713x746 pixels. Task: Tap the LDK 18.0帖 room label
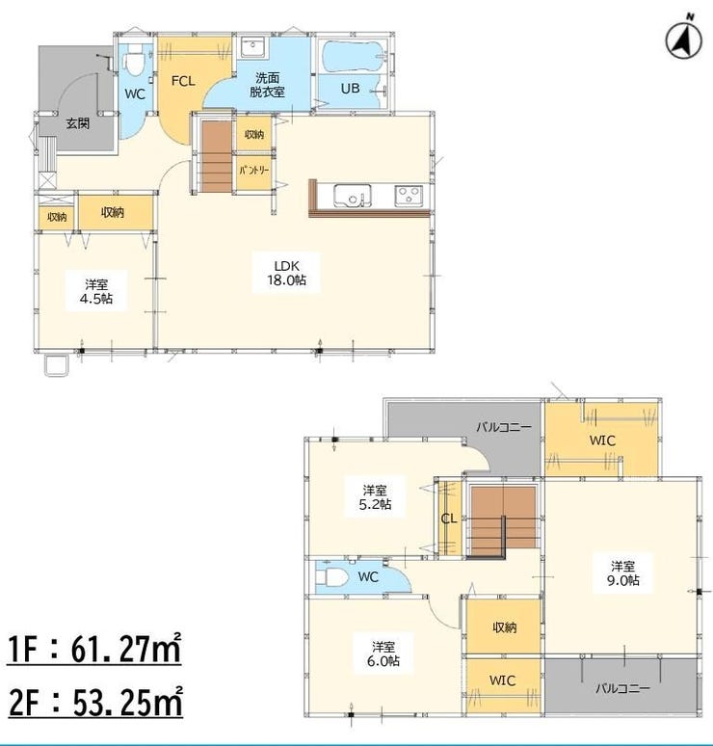point(286,273)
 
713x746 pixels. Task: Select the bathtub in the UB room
point(354,56)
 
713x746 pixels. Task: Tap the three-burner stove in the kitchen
point(409,196)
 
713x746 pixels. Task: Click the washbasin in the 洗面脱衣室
point(251,46)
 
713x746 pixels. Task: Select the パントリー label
point(254,170)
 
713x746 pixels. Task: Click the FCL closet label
point(183,81)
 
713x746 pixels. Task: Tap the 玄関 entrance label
point(77,124)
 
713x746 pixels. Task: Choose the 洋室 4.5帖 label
point(96,292)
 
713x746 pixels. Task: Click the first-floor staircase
point(217,156)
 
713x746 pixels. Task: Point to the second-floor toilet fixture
point(330,576)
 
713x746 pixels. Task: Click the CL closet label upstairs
point(449,519)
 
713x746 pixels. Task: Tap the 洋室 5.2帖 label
point(375,496)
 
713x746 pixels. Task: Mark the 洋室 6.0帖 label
point(383,653)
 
